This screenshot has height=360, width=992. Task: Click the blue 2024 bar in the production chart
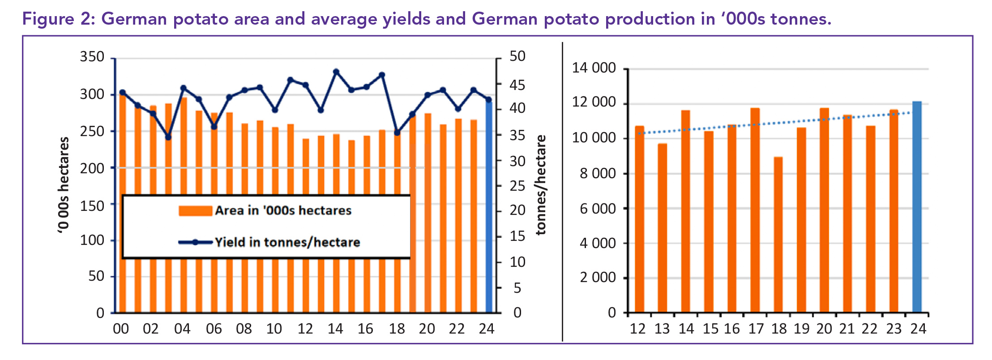pos(917,206)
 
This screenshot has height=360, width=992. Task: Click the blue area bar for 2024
pos(489,206)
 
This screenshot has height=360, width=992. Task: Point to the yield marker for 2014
pos(336,72)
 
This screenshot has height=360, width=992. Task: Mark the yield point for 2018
pos(397,133)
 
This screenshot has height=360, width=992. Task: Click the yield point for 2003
pos(168,137)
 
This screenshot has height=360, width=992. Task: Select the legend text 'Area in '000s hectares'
pos(283,210)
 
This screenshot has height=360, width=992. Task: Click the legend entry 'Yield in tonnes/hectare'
pos(287,242)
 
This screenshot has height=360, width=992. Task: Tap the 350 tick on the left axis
pos(92,57)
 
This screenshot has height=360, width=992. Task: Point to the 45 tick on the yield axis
pos(517,85)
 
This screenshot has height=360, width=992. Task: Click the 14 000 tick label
pos(594,68)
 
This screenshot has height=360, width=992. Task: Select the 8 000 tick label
pos(598,173)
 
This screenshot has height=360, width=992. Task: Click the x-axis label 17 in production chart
pos(756,329)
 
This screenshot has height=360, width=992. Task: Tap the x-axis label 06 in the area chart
pos(214,329)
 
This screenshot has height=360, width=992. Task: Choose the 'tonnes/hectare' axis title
pos(541,184)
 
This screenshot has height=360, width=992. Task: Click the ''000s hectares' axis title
pos(64,184)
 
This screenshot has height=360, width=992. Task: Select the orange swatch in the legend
pos(195,211)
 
